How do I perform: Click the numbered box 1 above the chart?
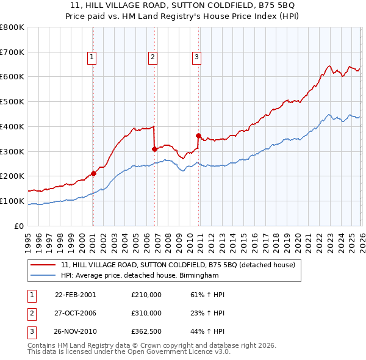91,58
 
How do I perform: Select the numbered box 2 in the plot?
152,58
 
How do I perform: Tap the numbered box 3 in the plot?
197,58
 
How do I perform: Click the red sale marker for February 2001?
93,173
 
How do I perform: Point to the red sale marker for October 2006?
154,148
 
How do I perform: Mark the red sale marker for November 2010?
199,135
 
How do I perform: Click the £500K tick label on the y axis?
13,101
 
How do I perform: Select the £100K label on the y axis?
13,201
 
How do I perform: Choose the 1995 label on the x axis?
28,237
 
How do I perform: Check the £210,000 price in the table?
146,294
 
